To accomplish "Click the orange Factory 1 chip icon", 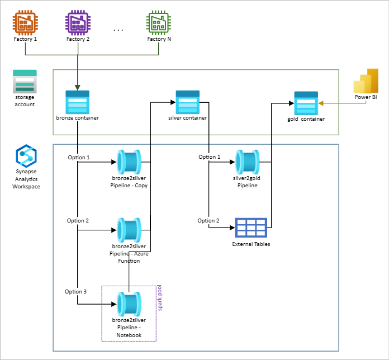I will point(24,23).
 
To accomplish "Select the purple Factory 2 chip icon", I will point(78,23).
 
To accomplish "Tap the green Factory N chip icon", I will point(157,23).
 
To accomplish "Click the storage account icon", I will point(25,82).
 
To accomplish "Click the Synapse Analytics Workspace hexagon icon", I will point(26,155).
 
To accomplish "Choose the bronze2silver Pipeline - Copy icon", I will point(129,163).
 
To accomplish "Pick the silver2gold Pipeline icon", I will point(247,163).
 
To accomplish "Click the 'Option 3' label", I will point(76,292).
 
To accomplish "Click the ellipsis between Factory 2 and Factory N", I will point(118,30).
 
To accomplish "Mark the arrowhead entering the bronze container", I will point(77,87).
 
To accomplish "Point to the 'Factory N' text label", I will point(157,39).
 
